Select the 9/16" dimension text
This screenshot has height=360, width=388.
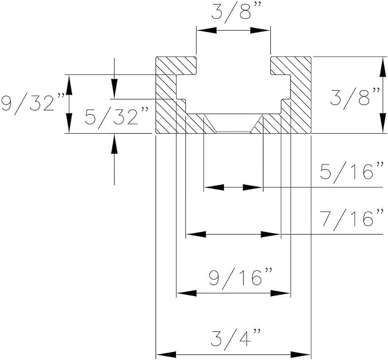tap(233, 278)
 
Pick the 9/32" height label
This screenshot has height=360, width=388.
tap(29, 104)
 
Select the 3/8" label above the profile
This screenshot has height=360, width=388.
tap(233, 13)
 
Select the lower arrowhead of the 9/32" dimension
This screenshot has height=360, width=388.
tap(69, 125)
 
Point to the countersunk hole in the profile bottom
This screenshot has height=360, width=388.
tap(233, 124)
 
